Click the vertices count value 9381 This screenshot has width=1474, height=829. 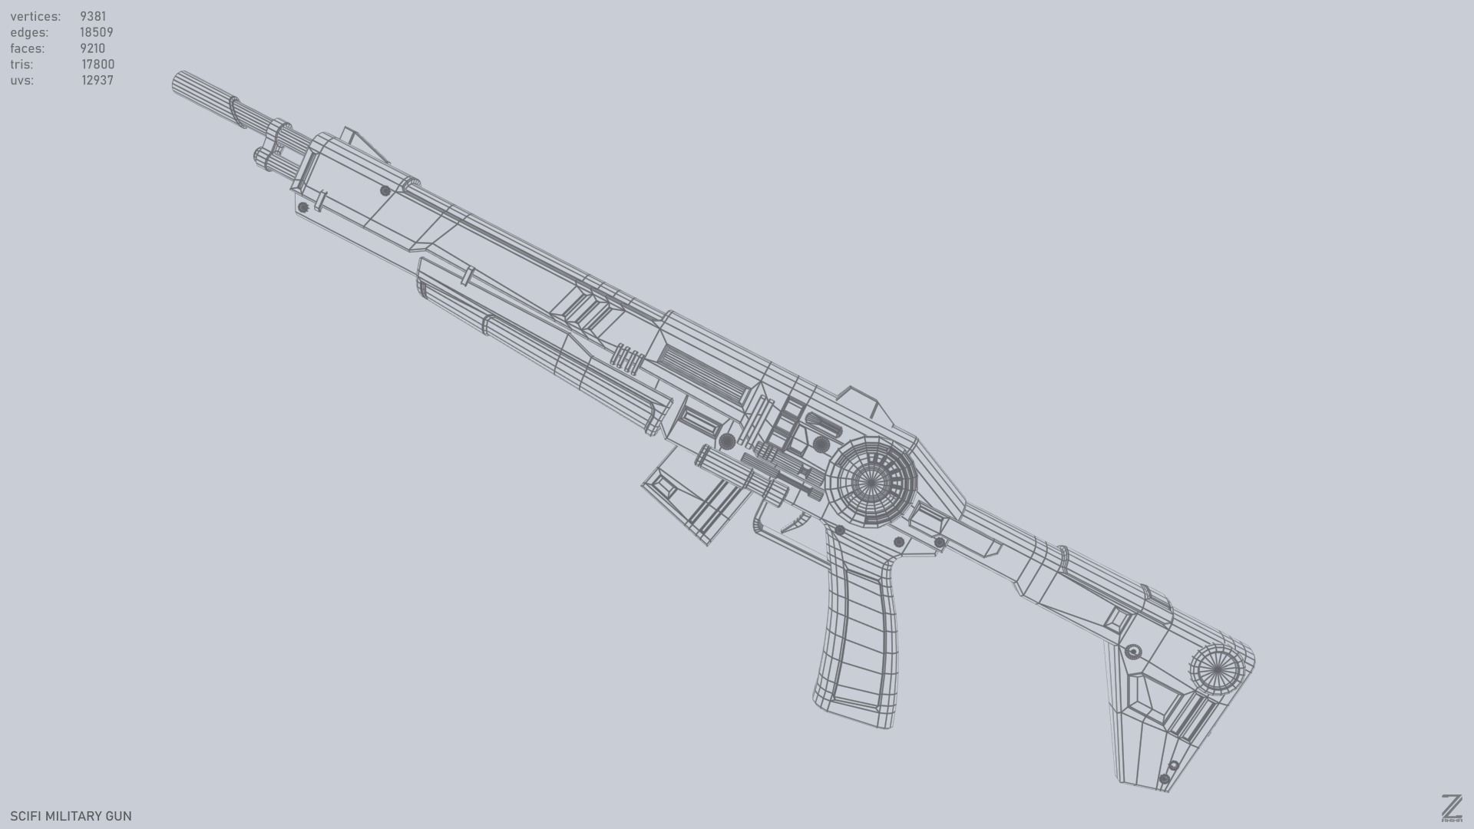tap(93, 16)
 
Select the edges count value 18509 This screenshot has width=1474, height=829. tap(97, 32)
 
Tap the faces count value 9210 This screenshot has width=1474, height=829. tap(92, 48)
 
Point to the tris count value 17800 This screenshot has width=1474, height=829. tap(98, 64)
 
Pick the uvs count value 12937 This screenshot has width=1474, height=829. tap(97, 81)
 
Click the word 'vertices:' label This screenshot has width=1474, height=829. tap(35, 16)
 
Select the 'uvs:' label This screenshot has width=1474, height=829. tap(21, 81)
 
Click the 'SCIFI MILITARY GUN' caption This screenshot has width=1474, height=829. tap(71, 816)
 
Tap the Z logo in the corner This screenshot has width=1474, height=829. tap(1451, 808)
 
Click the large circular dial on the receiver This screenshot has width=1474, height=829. tap(871, 482)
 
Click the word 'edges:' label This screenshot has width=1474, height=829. tap(29, 32)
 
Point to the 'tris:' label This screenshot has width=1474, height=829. tap(21, 64)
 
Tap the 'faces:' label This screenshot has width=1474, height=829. tap(28, 48)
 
